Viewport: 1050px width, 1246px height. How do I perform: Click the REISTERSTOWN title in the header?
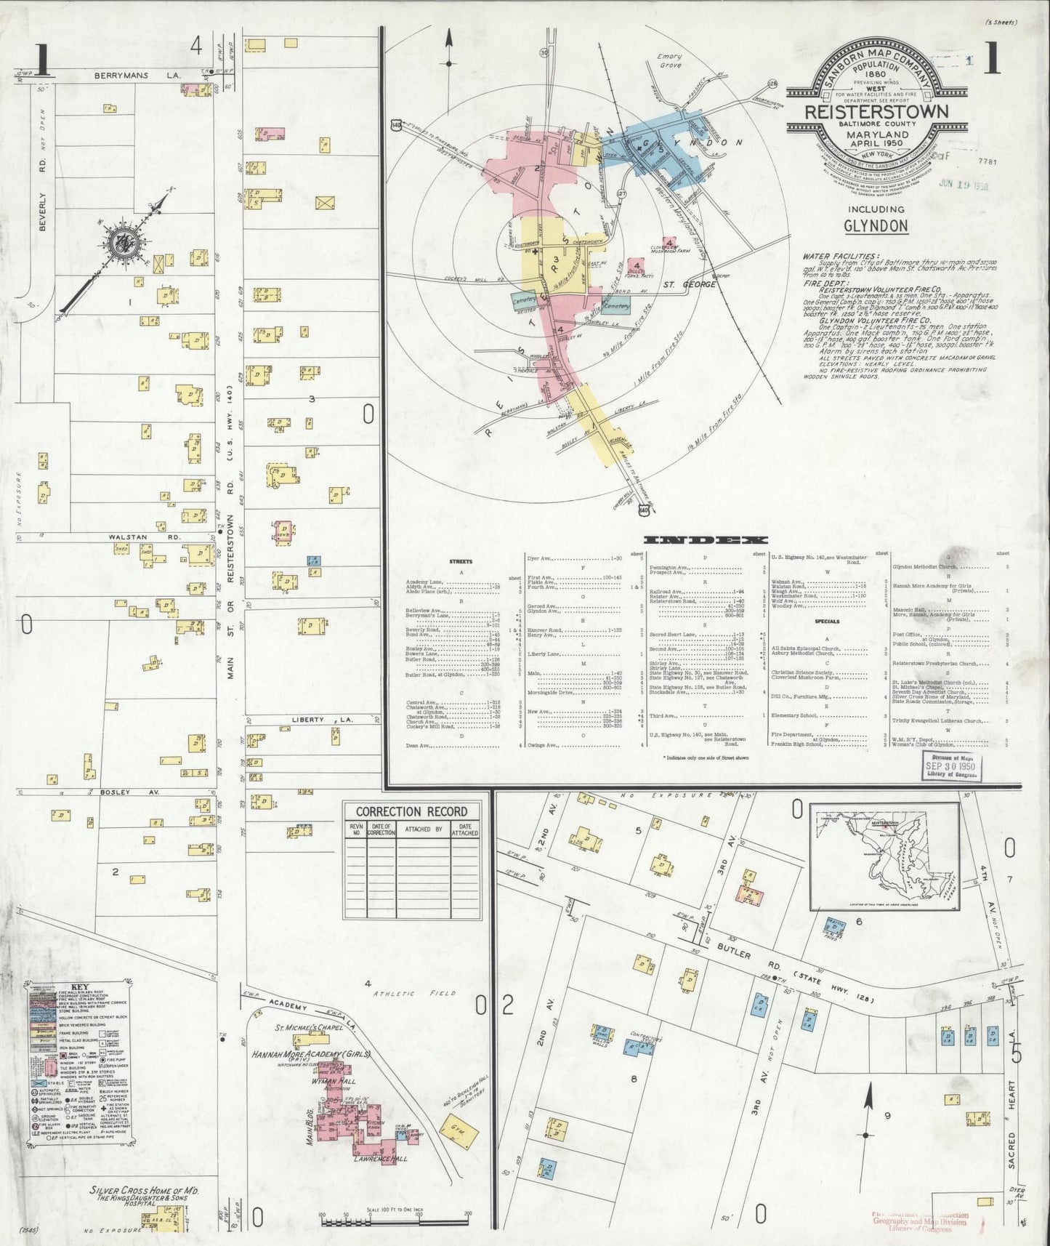click(x=876, y=112)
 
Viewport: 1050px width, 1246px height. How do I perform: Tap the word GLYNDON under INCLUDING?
click(x=876, y=225)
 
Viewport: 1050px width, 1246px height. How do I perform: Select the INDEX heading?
click(x=706, y=540)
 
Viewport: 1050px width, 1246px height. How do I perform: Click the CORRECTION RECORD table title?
click(x=411, y=811)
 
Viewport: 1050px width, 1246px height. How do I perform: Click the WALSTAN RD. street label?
click(x=129, y=537)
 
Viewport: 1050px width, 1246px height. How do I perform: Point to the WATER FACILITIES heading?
click(x=840, y=257)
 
